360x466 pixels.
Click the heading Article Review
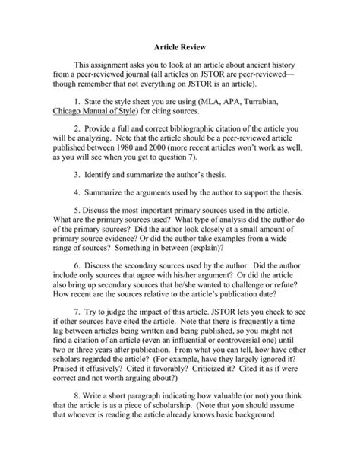point(179,46)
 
